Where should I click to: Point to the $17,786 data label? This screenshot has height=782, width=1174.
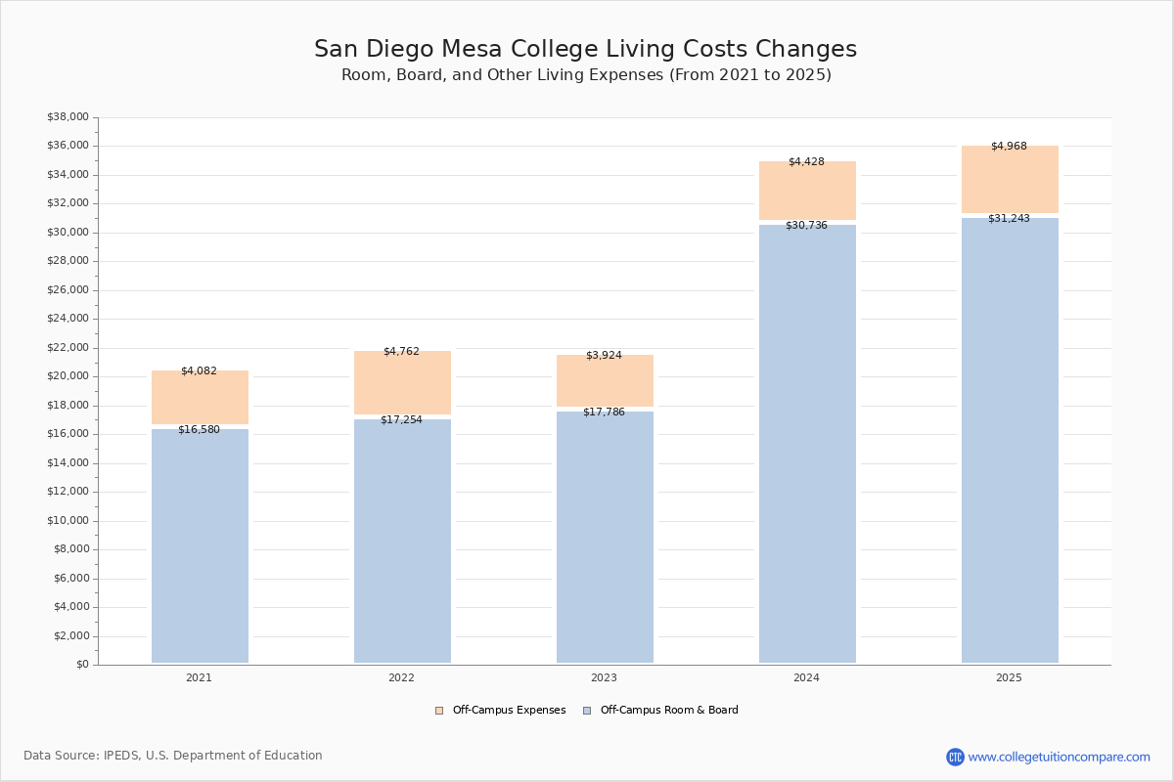pos(604,413)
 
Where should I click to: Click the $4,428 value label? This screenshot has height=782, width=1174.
pos(806,161)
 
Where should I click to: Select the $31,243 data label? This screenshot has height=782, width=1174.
pos(1009,219)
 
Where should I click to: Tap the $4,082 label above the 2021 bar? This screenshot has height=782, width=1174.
pos(199,371)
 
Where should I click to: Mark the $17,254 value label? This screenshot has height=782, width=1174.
pos(401,420)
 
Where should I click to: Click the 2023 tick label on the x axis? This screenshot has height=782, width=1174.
pos(604,678)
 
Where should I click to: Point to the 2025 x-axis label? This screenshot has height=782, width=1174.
pos(1009,678)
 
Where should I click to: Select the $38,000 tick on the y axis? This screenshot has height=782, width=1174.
pos(68,117)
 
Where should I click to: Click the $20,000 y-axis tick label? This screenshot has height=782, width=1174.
pos(68,376)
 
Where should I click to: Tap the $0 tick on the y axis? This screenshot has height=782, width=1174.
pos(81,665)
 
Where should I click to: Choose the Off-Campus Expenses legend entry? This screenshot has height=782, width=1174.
pos(501,711)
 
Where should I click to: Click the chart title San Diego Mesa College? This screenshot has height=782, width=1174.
pos(585,50)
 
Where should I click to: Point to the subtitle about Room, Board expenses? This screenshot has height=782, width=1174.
pos(585,75)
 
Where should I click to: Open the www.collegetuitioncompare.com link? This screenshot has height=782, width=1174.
pos(1059,757)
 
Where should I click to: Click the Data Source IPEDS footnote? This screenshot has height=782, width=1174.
pos(173,756)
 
